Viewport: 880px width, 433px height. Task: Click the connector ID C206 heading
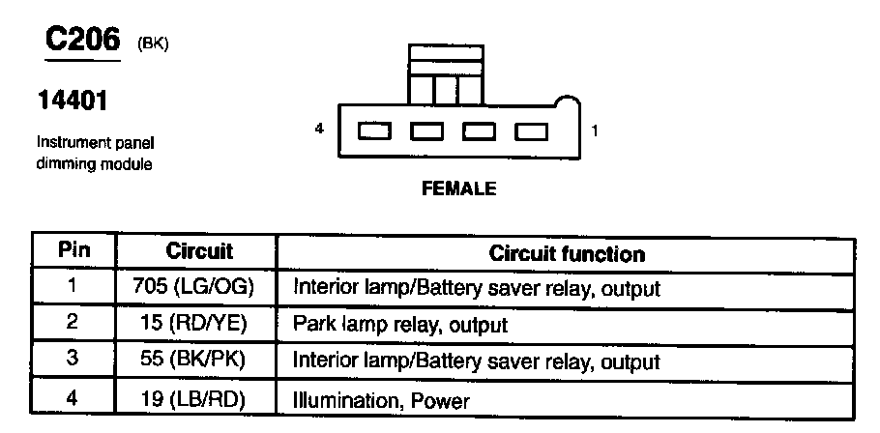82,40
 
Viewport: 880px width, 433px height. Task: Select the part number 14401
71,101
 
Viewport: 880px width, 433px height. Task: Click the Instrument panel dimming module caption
96,153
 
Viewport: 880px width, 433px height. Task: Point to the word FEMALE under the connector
458,189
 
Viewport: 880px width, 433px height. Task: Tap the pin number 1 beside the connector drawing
594,130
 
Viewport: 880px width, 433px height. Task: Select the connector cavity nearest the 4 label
374,130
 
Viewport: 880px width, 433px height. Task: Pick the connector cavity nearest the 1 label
531,130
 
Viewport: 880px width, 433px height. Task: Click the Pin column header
74,250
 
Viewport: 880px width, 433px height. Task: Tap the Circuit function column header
567,254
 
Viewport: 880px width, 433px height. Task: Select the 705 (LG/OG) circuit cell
199,287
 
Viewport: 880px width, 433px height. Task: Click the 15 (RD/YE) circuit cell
199,324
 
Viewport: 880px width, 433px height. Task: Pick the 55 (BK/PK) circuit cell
199,361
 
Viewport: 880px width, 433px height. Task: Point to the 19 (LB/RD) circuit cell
199,397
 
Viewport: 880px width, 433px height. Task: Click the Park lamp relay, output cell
399,325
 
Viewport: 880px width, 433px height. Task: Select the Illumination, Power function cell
381,398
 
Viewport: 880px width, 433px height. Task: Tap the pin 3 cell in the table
73,360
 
